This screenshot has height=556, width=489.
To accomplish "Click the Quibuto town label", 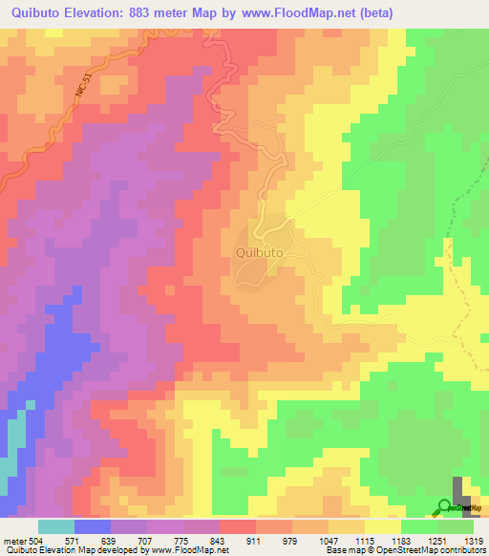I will click(257, 253).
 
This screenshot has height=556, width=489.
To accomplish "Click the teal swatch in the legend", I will click(56, 526).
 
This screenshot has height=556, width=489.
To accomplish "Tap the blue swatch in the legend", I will click(93, 526).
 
